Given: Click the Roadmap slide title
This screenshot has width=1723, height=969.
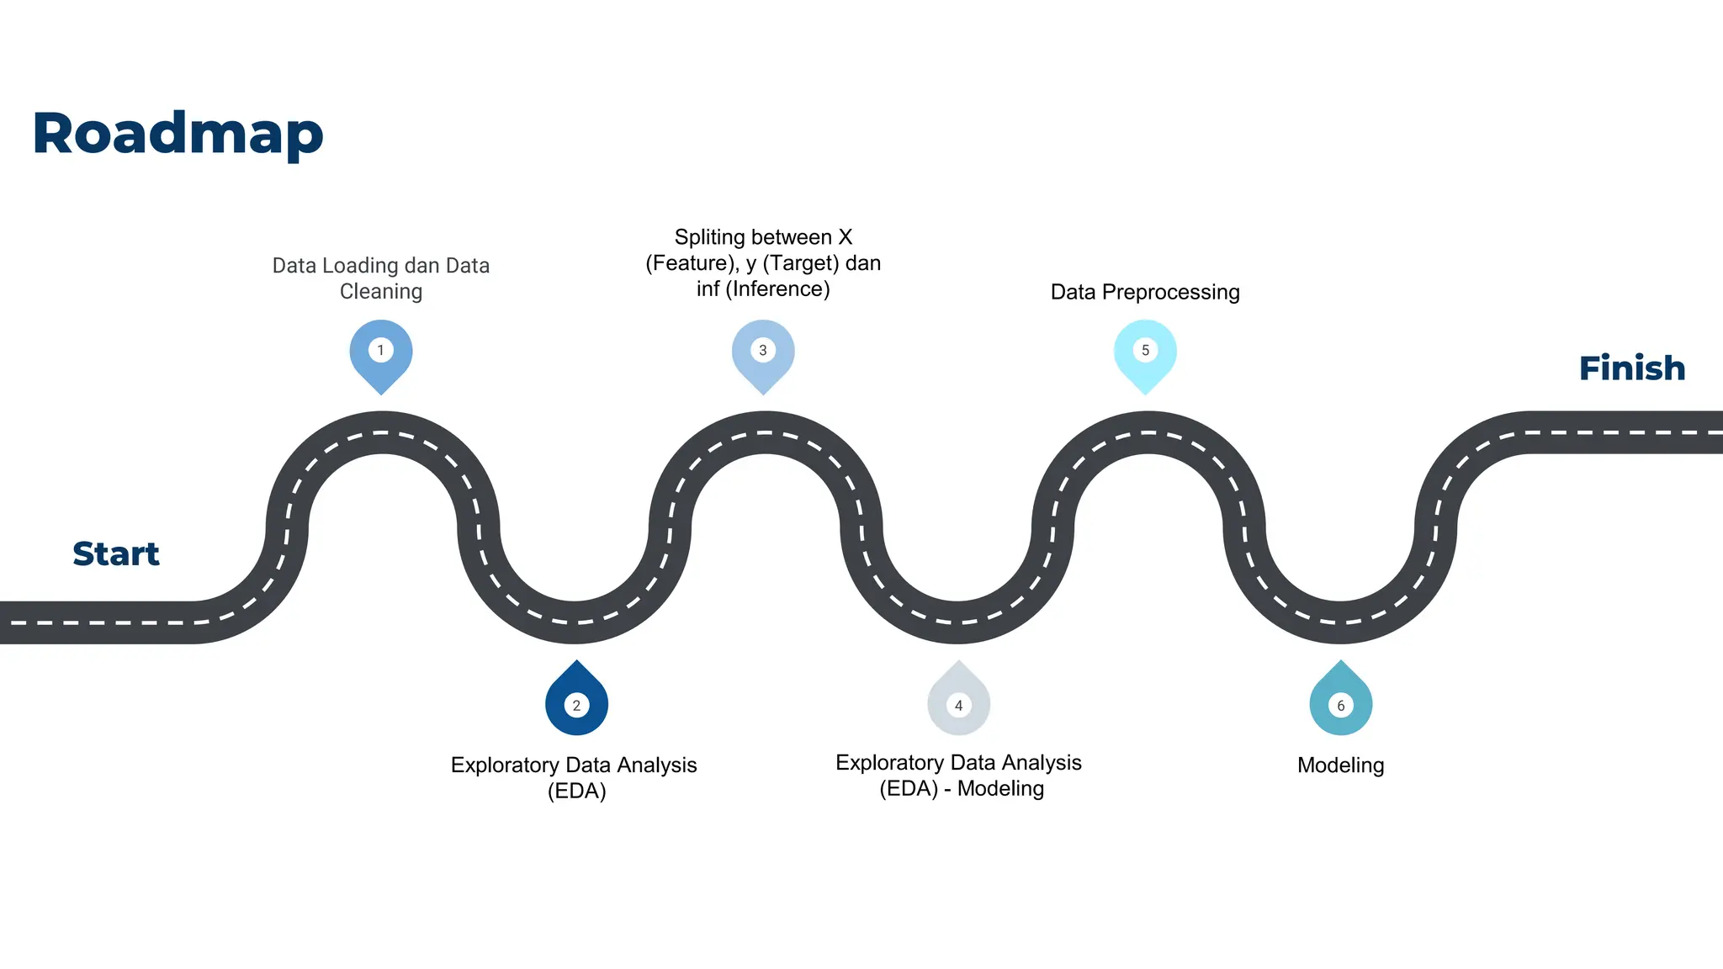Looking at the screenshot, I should coord(178,134).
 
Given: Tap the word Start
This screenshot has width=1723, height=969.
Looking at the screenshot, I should coord(116,554).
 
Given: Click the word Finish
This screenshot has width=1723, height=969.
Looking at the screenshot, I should coord(1631,368).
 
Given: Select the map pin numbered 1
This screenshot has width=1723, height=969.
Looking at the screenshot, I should coord(381,352).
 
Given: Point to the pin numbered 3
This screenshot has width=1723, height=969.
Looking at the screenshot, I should coord(763,352).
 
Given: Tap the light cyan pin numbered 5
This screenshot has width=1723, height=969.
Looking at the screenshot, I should coord(1145,352).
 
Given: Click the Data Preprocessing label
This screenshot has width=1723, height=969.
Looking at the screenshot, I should coord(1145,292).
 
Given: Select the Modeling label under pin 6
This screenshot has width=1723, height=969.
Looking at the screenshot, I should coord(1340,765).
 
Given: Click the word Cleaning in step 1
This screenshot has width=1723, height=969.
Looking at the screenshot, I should coord(381,292).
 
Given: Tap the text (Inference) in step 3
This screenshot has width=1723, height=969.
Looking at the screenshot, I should coord(777,289).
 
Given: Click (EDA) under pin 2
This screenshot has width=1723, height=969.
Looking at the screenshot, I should coord(576,792).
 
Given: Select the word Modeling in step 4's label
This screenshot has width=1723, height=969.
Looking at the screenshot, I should coord(1000,789).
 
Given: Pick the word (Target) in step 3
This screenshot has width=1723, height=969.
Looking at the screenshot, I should coord(800,263).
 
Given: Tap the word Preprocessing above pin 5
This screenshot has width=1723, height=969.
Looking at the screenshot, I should coord(1170,293).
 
